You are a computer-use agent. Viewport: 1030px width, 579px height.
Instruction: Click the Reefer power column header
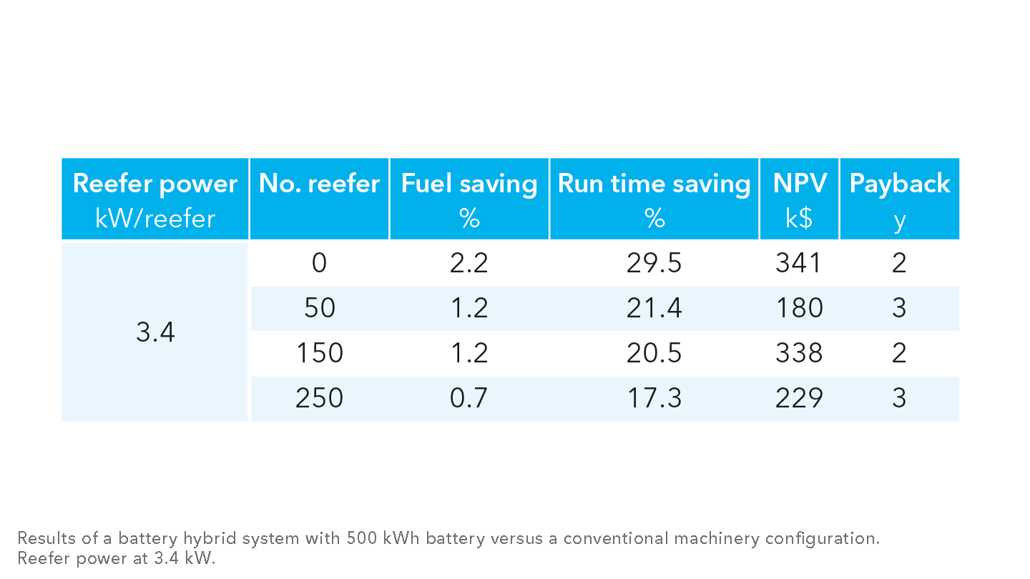click(x=154, y=199)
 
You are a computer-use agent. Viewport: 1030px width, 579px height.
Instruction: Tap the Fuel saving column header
click(x=469, y=199)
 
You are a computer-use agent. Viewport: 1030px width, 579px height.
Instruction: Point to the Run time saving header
click(x=654, y=199)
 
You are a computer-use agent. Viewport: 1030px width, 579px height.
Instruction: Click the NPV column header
click(x=799, y=199)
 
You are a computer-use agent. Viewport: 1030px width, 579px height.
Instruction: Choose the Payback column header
click(x=899, y=199)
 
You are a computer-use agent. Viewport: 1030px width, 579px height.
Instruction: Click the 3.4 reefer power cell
click(x=155, y=332)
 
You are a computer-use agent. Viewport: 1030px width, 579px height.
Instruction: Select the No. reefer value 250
click(x=319, y=398)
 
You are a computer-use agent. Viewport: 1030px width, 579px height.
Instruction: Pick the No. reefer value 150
click(x=319, y=353)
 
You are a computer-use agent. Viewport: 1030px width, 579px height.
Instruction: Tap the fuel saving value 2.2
click(x=469, y=264)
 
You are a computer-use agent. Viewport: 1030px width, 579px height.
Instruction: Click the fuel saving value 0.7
click(x=469, y=398)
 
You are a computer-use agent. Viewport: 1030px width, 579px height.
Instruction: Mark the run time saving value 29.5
click(x=654, y=264)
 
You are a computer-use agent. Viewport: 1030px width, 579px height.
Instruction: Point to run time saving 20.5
click(x=654, y=353)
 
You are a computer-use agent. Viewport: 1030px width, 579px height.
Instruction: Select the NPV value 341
click(x=799, y=264)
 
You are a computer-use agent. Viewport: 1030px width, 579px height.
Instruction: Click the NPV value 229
click(x=799, y=398)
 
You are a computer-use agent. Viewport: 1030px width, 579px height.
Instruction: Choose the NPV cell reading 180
click(x=799, y=308)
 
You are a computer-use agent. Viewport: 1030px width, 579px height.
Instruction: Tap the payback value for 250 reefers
click(x=899, y=398)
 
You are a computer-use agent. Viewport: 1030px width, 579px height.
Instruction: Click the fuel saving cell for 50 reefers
click(x=469, y=308)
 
